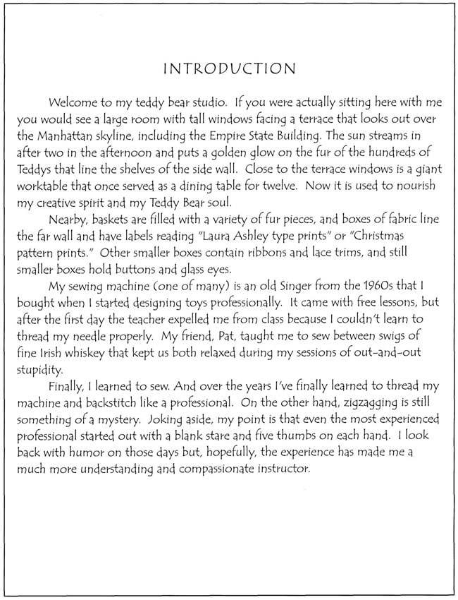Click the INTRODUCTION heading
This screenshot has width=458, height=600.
tap(228, 68)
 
